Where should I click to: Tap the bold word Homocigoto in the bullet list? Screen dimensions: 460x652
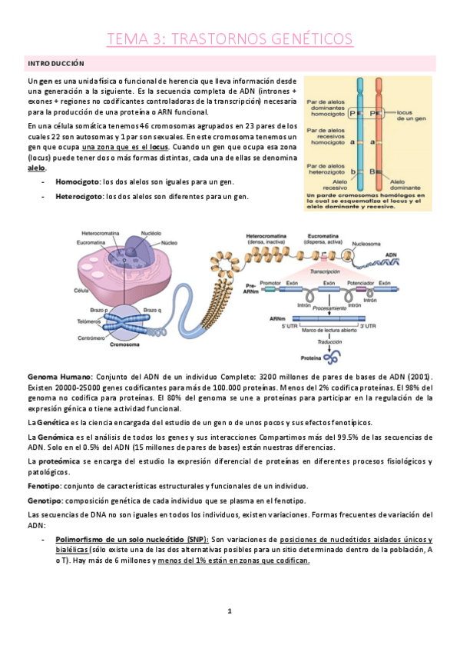click(78, 182)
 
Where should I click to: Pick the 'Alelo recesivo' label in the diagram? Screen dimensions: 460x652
click(329, 185)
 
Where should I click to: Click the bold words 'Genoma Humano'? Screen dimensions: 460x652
click(58, 377)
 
